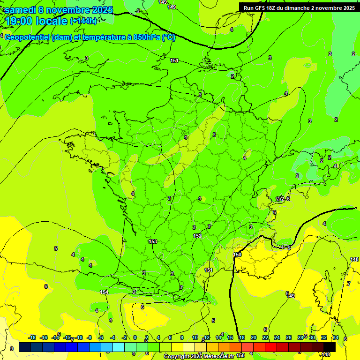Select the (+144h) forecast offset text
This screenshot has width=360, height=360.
(x=83, y=21)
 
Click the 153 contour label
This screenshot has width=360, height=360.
(x=153, y=241)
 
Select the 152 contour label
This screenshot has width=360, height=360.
(x=197, y=236)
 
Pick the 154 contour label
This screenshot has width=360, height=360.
(x=104, y=292)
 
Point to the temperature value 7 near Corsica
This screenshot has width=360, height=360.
(x=348, y=284)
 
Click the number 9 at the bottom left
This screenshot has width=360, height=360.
(x=12, y=349)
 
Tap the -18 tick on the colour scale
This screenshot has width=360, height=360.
(x=32, y=337)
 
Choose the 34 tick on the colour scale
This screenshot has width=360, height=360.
(x=336, y=337)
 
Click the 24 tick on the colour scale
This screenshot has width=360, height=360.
(x=277, y=337)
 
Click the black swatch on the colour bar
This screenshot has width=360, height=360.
(x=330, y=347)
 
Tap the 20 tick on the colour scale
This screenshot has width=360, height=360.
(x=254, y=337)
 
